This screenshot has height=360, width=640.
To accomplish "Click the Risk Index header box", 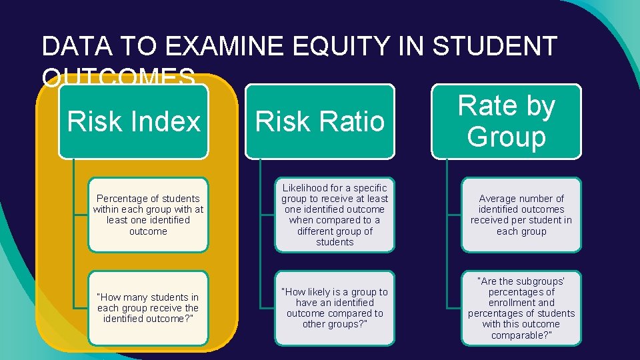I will pos(133,122).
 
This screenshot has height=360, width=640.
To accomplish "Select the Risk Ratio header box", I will pos(320,122).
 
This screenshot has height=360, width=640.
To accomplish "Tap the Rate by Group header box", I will pos(507,121).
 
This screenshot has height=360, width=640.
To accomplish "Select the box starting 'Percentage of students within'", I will pos(148,215).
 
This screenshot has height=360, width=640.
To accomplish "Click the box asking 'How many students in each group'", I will pos(148,308).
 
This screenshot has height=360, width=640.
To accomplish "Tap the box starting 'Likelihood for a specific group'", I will pos(335,215).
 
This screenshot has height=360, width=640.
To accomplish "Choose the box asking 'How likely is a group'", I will pos(335,308).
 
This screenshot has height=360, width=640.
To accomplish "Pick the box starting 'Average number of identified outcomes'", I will pos(521,215).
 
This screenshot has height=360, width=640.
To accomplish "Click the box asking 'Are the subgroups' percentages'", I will pos(521,308).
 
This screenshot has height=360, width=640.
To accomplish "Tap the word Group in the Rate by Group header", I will pos(507,137).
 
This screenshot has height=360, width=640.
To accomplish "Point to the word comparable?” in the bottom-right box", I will pos(521,335).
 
